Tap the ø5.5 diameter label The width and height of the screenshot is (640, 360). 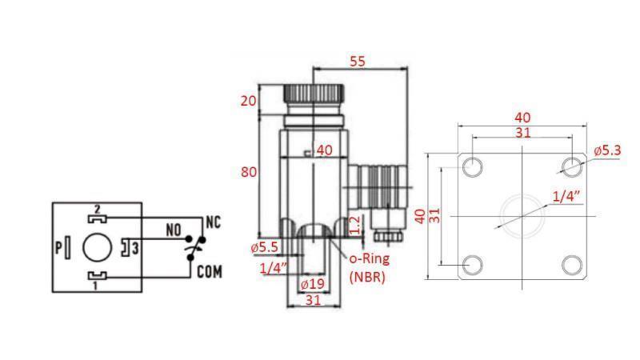click(x=265, y=248)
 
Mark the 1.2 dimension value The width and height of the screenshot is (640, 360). click(x=354, y=226)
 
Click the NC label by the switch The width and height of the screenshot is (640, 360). click(x=214, y=220)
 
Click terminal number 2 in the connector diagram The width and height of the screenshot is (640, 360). click(x=96, y=208)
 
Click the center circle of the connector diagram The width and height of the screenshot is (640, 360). click(x=96, y=247)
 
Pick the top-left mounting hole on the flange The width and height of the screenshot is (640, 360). click(x=472, y=166)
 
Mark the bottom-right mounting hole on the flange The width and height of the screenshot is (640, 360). click(x=571, y=265)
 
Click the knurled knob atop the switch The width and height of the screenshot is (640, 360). click(x=313, y=96)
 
